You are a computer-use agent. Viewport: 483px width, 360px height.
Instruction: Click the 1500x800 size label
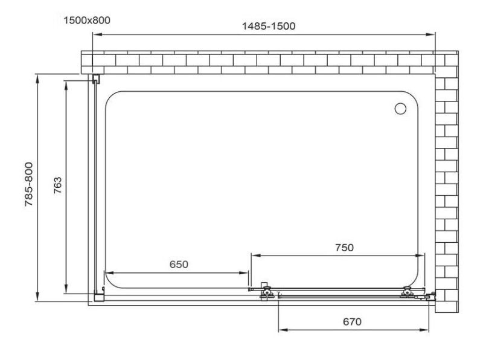87,21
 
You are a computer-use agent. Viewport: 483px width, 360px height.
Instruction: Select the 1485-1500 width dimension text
269,26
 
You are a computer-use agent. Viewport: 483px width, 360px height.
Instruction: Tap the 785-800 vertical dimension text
29,184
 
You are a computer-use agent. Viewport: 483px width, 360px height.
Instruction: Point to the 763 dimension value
57,185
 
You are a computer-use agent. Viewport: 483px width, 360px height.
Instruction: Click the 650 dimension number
179,265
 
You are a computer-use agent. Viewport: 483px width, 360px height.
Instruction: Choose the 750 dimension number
344,248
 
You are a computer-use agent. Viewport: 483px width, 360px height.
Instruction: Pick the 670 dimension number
352,322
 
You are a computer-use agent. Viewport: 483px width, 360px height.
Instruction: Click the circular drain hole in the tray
400,109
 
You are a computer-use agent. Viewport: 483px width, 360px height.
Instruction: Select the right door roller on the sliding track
408,292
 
